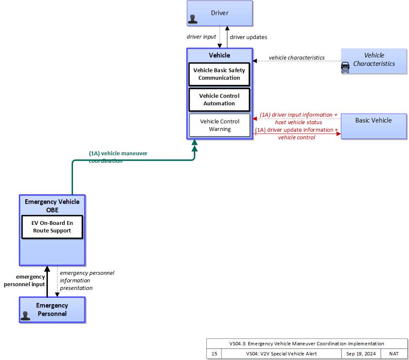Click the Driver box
pyautogui.click(x=220, y=13)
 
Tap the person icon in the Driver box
pyautogui.click(x=193, y=19)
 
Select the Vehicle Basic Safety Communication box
pyautogui.click(x=219, y=74)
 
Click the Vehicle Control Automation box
pyautogui.click(x=219, y=100)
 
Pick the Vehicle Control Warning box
pyautogui.click(x=219, y=125)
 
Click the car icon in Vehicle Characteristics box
pyautogui.click(x=345, y=68)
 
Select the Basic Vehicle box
pyautogui.click(x=374, y=126)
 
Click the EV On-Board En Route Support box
pyautogui.click(x=52, y=227)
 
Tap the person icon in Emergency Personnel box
pyautogui.click(x=25, y=316)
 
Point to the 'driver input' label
pyautogui.click(x=201, y=37)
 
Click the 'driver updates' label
pyautogui.click(x=248, y=37)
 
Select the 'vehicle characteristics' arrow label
pyautogui.click(x=297, y=57)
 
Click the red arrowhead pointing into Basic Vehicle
pyautogui.click(x=339, y=134)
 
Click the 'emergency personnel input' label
pyautogui.click(x=24, y=280)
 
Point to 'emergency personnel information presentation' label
pyautogui.click(x=87, y=280)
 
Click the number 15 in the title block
pyautogui.click(x=214, y=354)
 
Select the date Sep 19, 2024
pyautogui.click(x=361, y=354)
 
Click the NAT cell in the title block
pyautogui.click(x=394, y=354)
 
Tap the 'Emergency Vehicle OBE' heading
pyautogui.click(x=52, y=206)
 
